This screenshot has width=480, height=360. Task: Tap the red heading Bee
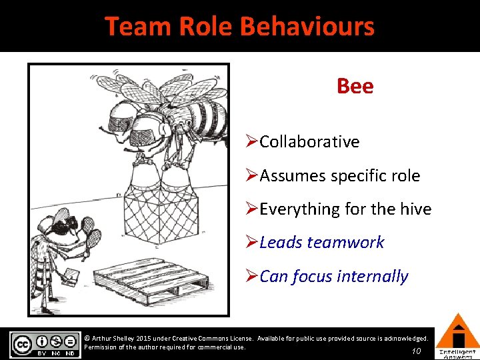355,86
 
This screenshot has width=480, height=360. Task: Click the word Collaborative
309,141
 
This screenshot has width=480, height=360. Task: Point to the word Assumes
289,176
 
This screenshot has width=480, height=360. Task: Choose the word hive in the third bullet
414,209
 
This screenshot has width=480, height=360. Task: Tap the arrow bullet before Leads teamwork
251,243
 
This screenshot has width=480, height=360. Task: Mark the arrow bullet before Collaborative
251,141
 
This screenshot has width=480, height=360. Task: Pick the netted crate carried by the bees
160,213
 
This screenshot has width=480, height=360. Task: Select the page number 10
416,351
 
